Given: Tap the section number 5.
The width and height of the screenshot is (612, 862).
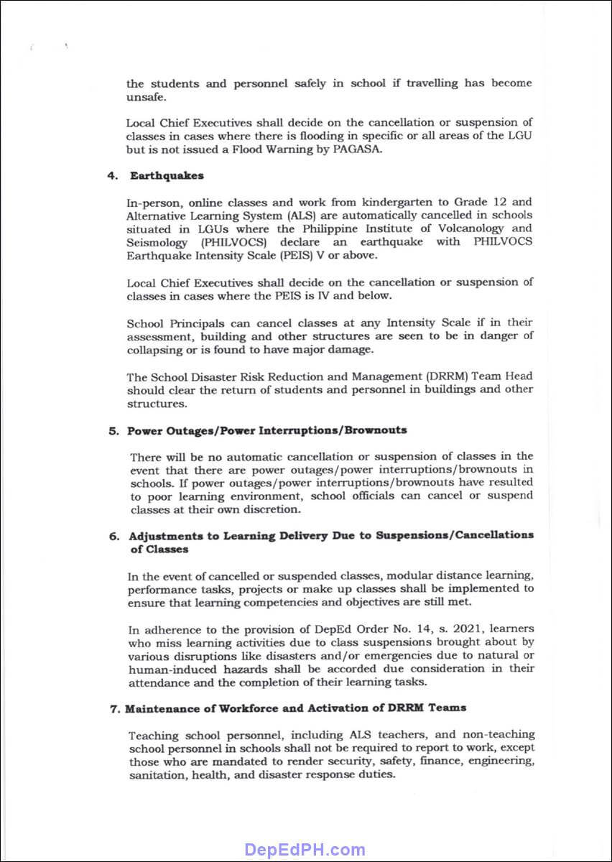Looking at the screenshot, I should (113, 430).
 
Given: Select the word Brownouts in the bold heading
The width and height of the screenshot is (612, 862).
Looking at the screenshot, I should (376, 430).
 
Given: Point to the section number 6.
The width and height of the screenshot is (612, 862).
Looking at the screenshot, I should (113, 535).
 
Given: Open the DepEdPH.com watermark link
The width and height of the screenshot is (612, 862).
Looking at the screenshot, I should (305, 850).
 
